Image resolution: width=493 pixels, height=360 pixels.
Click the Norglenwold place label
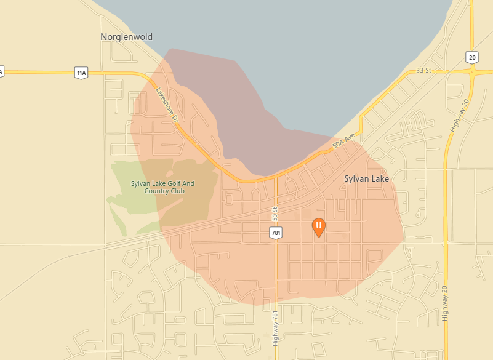coord(126,37)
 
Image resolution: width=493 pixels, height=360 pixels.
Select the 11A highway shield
coord(81,73)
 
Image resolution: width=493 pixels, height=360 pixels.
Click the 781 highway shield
coord(275,232)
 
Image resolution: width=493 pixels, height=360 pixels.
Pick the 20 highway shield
coord(472,57)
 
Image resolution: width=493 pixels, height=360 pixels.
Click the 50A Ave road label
coord(344,142)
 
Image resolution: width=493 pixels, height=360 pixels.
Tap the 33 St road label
coord(423,71)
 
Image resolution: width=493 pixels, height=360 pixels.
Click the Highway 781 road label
coord(275,327)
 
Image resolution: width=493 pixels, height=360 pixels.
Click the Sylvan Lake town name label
coord(366,178)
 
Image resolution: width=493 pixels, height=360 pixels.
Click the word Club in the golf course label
coord(179,191)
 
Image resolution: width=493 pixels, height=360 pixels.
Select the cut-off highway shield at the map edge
coord(1,71)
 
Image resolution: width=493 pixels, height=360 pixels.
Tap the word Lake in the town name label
coord(380,178)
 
